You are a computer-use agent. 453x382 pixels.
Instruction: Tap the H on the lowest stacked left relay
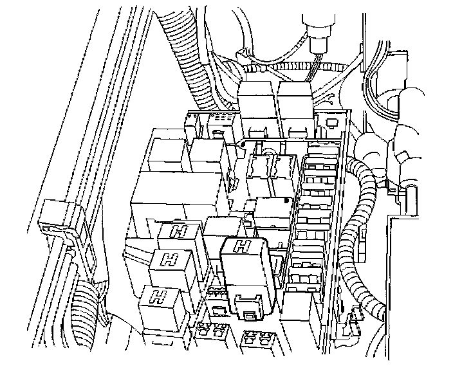tap(154, 296)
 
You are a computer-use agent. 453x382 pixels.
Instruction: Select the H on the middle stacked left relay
tap(170, 260)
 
